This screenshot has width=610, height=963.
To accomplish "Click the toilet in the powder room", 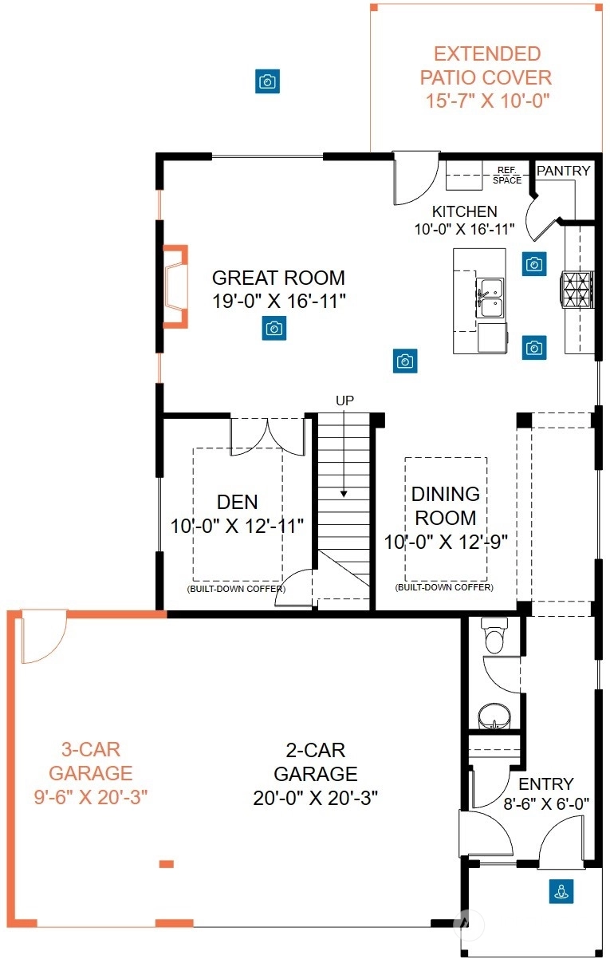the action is [494, 635].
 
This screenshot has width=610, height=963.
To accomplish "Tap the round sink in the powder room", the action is [494, 716].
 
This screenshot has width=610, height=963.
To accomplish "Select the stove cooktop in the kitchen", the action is [577, 290].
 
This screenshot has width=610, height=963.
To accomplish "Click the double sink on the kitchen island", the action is [490, 298].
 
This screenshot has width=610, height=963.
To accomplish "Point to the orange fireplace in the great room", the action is [175, 286].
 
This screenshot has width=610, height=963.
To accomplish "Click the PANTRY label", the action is [563, 171].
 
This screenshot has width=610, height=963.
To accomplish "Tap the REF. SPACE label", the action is [507, 176].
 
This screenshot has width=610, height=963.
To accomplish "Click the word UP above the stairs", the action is [344, 401].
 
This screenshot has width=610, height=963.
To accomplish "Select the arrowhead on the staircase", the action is [344, 494].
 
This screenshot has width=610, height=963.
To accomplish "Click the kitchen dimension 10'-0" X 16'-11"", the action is [464, 229].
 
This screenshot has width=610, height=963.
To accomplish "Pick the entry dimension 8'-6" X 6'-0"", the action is [546, 803].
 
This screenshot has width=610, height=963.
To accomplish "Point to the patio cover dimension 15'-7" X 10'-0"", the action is [487, 101].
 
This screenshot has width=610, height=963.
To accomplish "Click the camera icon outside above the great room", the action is [267, 81].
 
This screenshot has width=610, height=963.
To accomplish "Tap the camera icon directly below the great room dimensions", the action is [274, 329].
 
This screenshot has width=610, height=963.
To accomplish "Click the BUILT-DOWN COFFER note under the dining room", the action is [444, 587].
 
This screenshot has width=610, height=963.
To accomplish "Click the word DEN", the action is [237, 502].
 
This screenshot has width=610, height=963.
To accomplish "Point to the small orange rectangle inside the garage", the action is [167, 864].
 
